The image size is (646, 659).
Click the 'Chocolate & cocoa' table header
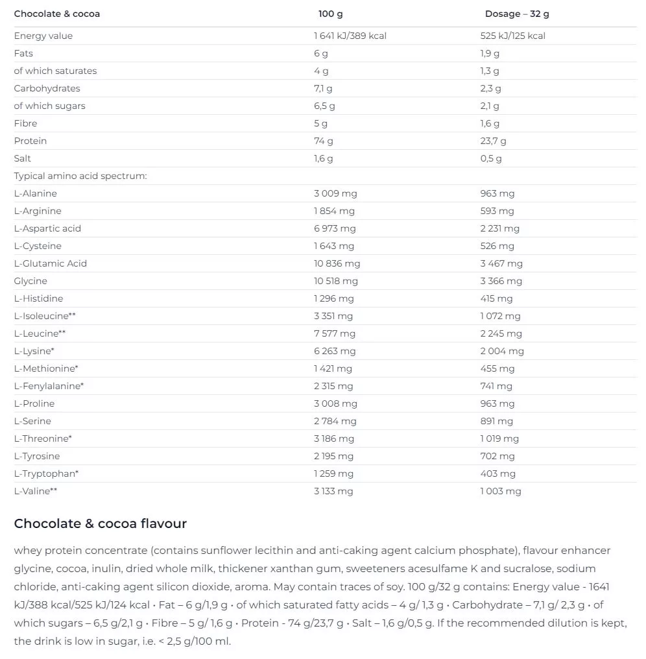click(x=57, y=14)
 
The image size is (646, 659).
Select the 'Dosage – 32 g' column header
click(x=517, y=14)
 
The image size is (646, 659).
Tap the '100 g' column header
click(x=331, y=14)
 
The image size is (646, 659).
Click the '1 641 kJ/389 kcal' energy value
click(x=350, y=36)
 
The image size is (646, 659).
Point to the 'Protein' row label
click(x=30, y=141)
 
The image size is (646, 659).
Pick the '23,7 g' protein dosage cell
click(x=493, y=141)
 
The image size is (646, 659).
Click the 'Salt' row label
click(x=23, y=158)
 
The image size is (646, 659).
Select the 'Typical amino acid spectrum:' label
click(x=80, y=176)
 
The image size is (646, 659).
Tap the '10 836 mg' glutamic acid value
click(x=337, y=263)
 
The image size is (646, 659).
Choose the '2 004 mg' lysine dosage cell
click(x=502, y=351)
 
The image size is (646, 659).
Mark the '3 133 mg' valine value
click(x=333, y=491)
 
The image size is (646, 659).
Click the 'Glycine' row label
click(x=30, y=281)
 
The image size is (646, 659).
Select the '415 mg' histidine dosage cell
click(x=496, y=298)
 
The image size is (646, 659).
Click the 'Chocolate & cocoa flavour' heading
click(x=101, y=523)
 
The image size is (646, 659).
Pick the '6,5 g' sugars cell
click(x=324, y=106)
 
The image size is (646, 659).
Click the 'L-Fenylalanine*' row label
click(x=49, y=386)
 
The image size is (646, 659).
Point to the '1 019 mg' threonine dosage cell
click(x=499, y=438)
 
